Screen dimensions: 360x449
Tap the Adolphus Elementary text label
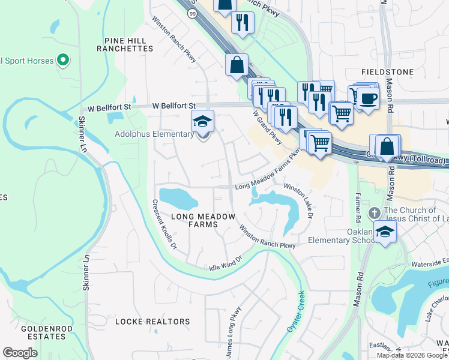coord(154,134)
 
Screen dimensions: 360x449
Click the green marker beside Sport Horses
coord(62,60)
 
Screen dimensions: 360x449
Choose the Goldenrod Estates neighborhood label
coord(43,332)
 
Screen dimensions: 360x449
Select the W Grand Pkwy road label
coord(267,127)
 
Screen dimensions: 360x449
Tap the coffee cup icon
coord(369,97)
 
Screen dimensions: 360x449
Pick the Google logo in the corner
coord(20,353)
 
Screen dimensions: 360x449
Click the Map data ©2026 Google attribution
coord(412,355)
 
